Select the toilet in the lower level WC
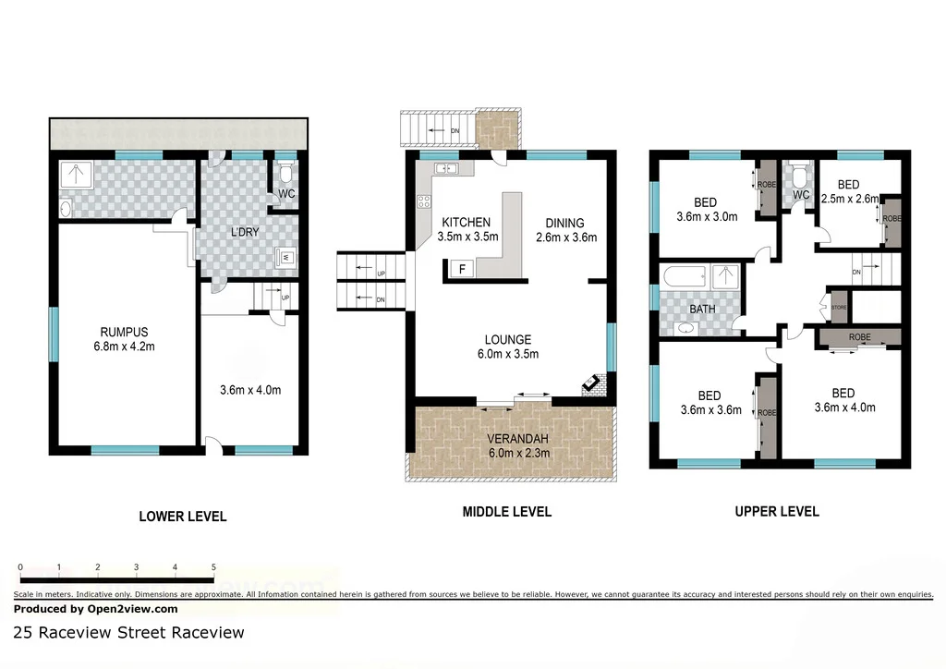pyautogui.click(x=286, y=174)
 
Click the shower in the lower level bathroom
pyautogui.click(x=71, y=176)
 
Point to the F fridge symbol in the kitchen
pyautogui.click(x=459, y=269)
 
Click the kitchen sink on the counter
pyautogui.click(x=444, y=169)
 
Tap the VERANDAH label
pyautogui.click(x=512, y=445)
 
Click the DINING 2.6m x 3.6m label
pyautogui.click(x=565, y=229)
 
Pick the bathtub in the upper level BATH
pyautogui.click(x=684, y=276)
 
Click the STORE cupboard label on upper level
pyautogui.click(x=838, y=307)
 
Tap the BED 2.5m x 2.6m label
pyautogui.click(x=848, y=191)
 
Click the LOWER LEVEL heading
pyautogui.click(x=182, y=517)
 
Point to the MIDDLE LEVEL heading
pyautogui.click(x=506, y=512)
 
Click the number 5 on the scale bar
pyautogui.click(x=213, y=567)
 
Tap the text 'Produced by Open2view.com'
pyautogui.click(x=96, y=609)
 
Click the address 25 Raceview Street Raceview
pyautogui.click(x=129, y=633)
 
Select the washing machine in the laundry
pyautogui.click(x=285, y=258)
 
